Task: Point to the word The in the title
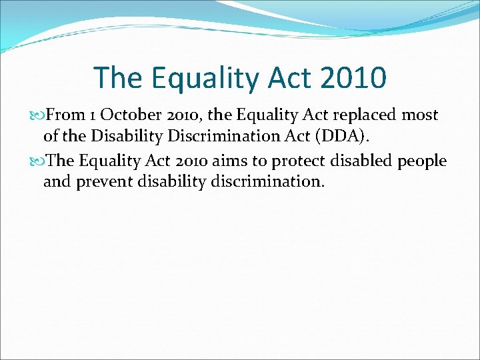click(117, 77)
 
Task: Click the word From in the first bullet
click(64, 115)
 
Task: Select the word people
click(423, 161)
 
